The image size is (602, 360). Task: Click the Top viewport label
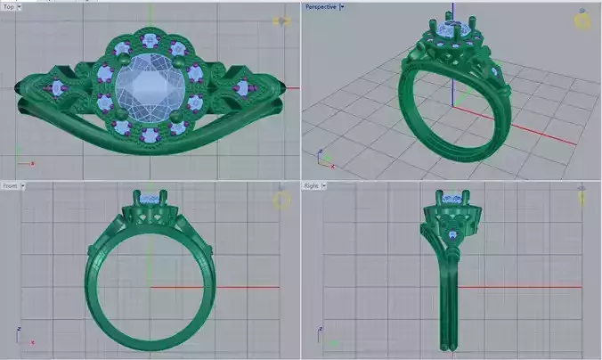(x=9, y=6)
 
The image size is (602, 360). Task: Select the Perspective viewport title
(x=321, y=6)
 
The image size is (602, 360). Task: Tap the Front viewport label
(x=10, y=186)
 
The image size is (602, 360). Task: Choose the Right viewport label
(x=312, y=186)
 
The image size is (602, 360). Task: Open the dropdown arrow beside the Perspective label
(x=343, y=6)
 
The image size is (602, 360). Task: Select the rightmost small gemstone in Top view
(x=242, y=87)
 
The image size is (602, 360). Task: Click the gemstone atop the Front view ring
(x=151, y=198)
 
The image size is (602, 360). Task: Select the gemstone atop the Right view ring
(x=453, y=198)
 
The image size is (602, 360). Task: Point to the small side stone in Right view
(x=453, y=235)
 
